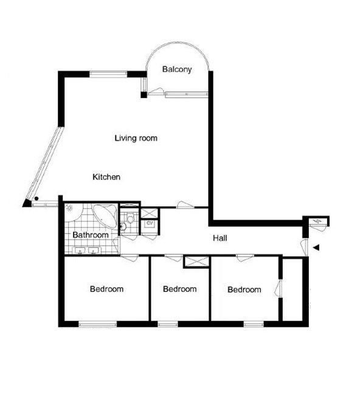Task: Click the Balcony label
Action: (x=177, y=69)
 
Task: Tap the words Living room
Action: (x=136, y=138)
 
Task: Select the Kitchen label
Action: (x=106, y=177)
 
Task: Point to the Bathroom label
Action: (x=91, y=235)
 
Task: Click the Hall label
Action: (x=220, y=238)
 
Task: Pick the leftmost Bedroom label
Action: (x=106, y=289)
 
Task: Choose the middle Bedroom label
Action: (x=180, y=289)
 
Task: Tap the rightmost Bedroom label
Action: (x=244, y=289)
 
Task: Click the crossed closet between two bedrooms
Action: (x=196, y=262)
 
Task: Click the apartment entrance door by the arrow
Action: (x=305, y=247)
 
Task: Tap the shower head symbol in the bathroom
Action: (x=70, y=209)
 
